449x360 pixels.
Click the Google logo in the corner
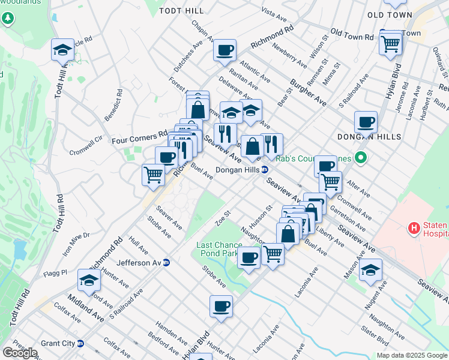click(x=19, y=353)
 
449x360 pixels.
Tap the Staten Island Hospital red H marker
click(x=413, y=228)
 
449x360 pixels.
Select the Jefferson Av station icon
click(x=166, y=262)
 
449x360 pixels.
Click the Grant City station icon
click(x=80, y=343)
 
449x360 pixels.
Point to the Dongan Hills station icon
click(x=264, y=170)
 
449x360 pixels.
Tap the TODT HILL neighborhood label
click(x=181, y=11)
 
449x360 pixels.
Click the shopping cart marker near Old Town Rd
click(x=390, y=43)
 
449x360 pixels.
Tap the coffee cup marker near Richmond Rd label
click(x=224, y=50)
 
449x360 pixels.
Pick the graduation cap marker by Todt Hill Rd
click(x=62, y=50)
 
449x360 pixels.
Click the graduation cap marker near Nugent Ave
click(x=371, y=270)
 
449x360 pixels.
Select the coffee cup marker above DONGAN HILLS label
click(x=366, y=123)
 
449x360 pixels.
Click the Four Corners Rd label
click(x=139, y=140)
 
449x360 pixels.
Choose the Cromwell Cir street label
click(x=86, y=145)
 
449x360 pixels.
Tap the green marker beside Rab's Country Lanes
click(x=360, y=159)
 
